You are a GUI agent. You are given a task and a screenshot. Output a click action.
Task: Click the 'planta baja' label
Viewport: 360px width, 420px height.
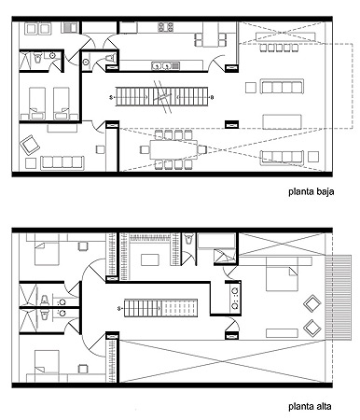(311, 191)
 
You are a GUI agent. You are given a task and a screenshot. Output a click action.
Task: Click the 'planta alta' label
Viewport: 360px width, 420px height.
(310, 406)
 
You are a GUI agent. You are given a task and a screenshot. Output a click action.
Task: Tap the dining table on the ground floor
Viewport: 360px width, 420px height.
(173, 149)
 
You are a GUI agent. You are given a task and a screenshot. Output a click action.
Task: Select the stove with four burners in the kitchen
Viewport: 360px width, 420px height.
(165, 27)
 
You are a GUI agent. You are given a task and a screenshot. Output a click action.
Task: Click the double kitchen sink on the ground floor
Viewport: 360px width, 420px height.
(166, 65)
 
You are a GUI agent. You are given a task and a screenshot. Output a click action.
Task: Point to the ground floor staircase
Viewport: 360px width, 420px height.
(161, 97)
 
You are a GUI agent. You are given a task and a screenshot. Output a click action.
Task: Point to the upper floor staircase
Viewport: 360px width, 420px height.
(160, 308)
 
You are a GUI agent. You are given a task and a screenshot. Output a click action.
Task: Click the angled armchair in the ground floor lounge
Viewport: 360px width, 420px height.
(30, 145)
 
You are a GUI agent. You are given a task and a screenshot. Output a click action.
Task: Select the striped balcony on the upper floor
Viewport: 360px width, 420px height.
(339, 297)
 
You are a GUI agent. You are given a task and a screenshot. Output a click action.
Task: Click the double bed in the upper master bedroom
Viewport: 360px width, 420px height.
(282, 273)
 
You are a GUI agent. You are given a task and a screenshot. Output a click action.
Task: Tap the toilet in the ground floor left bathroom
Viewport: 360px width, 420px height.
(37, 58)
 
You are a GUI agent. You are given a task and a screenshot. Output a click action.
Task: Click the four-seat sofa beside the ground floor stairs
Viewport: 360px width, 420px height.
(282, 87)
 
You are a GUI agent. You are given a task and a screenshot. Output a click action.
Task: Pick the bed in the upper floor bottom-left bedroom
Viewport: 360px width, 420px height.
(47, 361)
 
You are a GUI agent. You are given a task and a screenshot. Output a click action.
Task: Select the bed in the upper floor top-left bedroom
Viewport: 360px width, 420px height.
(47, 254)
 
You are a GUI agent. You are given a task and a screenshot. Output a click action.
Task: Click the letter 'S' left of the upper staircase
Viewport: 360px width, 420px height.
(119, 309)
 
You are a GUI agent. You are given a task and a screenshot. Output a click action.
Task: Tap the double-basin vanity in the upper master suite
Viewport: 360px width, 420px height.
(235, 299)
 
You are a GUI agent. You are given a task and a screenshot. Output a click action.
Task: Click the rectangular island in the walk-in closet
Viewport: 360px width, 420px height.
(150, 259)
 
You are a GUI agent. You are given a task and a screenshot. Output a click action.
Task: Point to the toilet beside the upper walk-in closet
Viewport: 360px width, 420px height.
(188, 239)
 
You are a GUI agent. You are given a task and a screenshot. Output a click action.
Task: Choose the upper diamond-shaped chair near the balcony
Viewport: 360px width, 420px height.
(312, 304)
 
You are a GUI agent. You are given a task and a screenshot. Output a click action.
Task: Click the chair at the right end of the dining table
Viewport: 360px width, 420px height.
(201, 149)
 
